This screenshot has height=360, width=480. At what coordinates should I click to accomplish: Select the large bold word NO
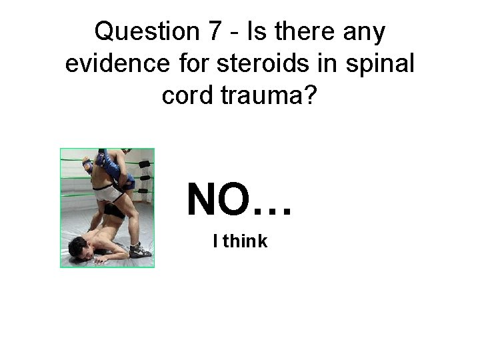(x=219, y=199)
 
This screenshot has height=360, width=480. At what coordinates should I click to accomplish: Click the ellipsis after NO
(x=272, y=208)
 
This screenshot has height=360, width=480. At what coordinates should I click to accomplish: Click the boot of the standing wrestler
(x=141, y=248)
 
